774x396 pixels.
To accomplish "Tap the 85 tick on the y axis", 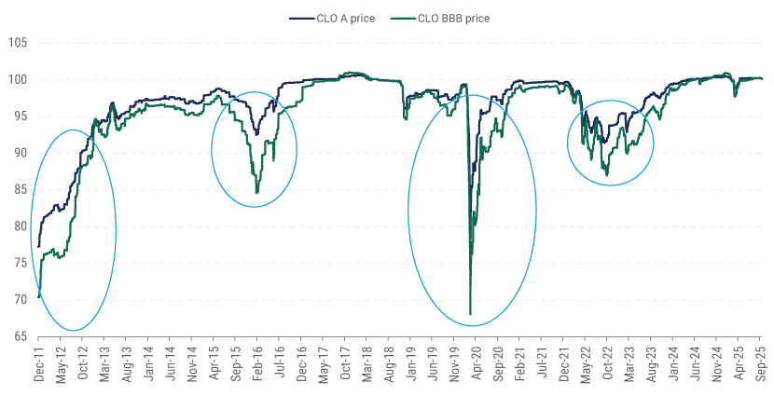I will tap(20, 189).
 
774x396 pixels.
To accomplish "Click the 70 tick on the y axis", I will tap(20, 299).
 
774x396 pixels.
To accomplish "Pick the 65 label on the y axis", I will tap(20, 336).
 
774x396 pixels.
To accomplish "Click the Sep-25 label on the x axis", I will tap(761, 364).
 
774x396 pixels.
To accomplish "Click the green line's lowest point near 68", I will tap(470, 314).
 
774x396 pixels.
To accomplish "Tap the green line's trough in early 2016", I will tap(256, 193).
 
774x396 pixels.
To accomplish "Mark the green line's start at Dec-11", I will tap(38, 297).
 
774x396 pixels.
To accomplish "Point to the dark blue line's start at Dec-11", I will tap(38, 247).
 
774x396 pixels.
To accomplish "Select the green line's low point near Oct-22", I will tap(607, 175).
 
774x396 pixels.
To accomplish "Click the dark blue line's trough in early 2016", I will tap(256, 135).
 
